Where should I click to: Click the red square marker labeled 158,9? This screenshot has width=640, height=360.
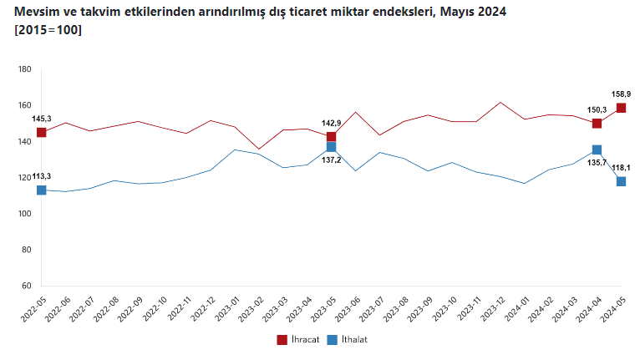(621, 108)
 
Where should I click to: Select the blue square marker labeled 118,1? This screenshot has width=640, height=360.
(621, 181)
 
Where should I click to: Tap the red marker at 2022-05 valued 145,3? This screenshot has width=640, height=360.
(41, 132)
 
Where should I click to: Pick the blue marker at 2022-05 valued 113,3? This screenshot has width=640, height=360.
(41, 190)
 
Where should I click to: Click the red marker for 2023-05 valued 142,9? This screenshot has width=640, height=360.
(331, 136)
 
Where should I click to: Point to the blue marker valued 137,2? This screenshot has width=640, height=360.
(331, 147)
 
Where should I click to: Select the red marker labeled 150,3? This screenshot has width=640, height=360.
(597, 123)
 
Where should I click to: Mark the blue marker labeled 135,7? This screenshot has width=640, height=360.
(597, 150)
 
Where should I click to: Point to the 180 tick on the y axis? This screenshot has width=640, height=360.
(24, 69)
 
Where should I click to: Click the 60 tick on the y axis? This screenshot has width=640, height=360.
(26, 286)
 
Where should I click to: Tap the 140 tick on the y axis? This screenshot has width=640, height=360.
(24, 142)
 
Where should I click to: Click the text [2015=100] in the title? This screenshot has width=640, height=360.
(48, 31)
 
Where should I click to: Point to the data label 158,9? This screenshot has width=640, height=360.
(621, 94)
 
